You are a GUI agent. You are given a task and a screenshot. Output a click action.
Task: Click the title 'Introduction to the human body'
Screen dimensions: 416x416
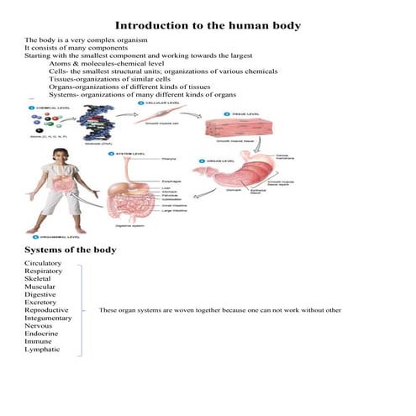[x=208, y=26]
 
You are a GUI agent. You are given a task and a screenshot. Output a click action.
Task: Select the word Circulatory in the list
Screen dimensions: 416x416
[x=43, y=264]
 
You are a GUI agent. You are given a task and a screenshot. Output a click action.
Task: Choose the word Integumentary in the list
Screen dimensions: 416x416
[x=49, y=319]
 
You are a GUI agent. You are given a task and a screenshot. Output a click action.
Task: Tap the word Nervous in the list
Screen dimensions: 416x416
[x=39, y=329]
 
